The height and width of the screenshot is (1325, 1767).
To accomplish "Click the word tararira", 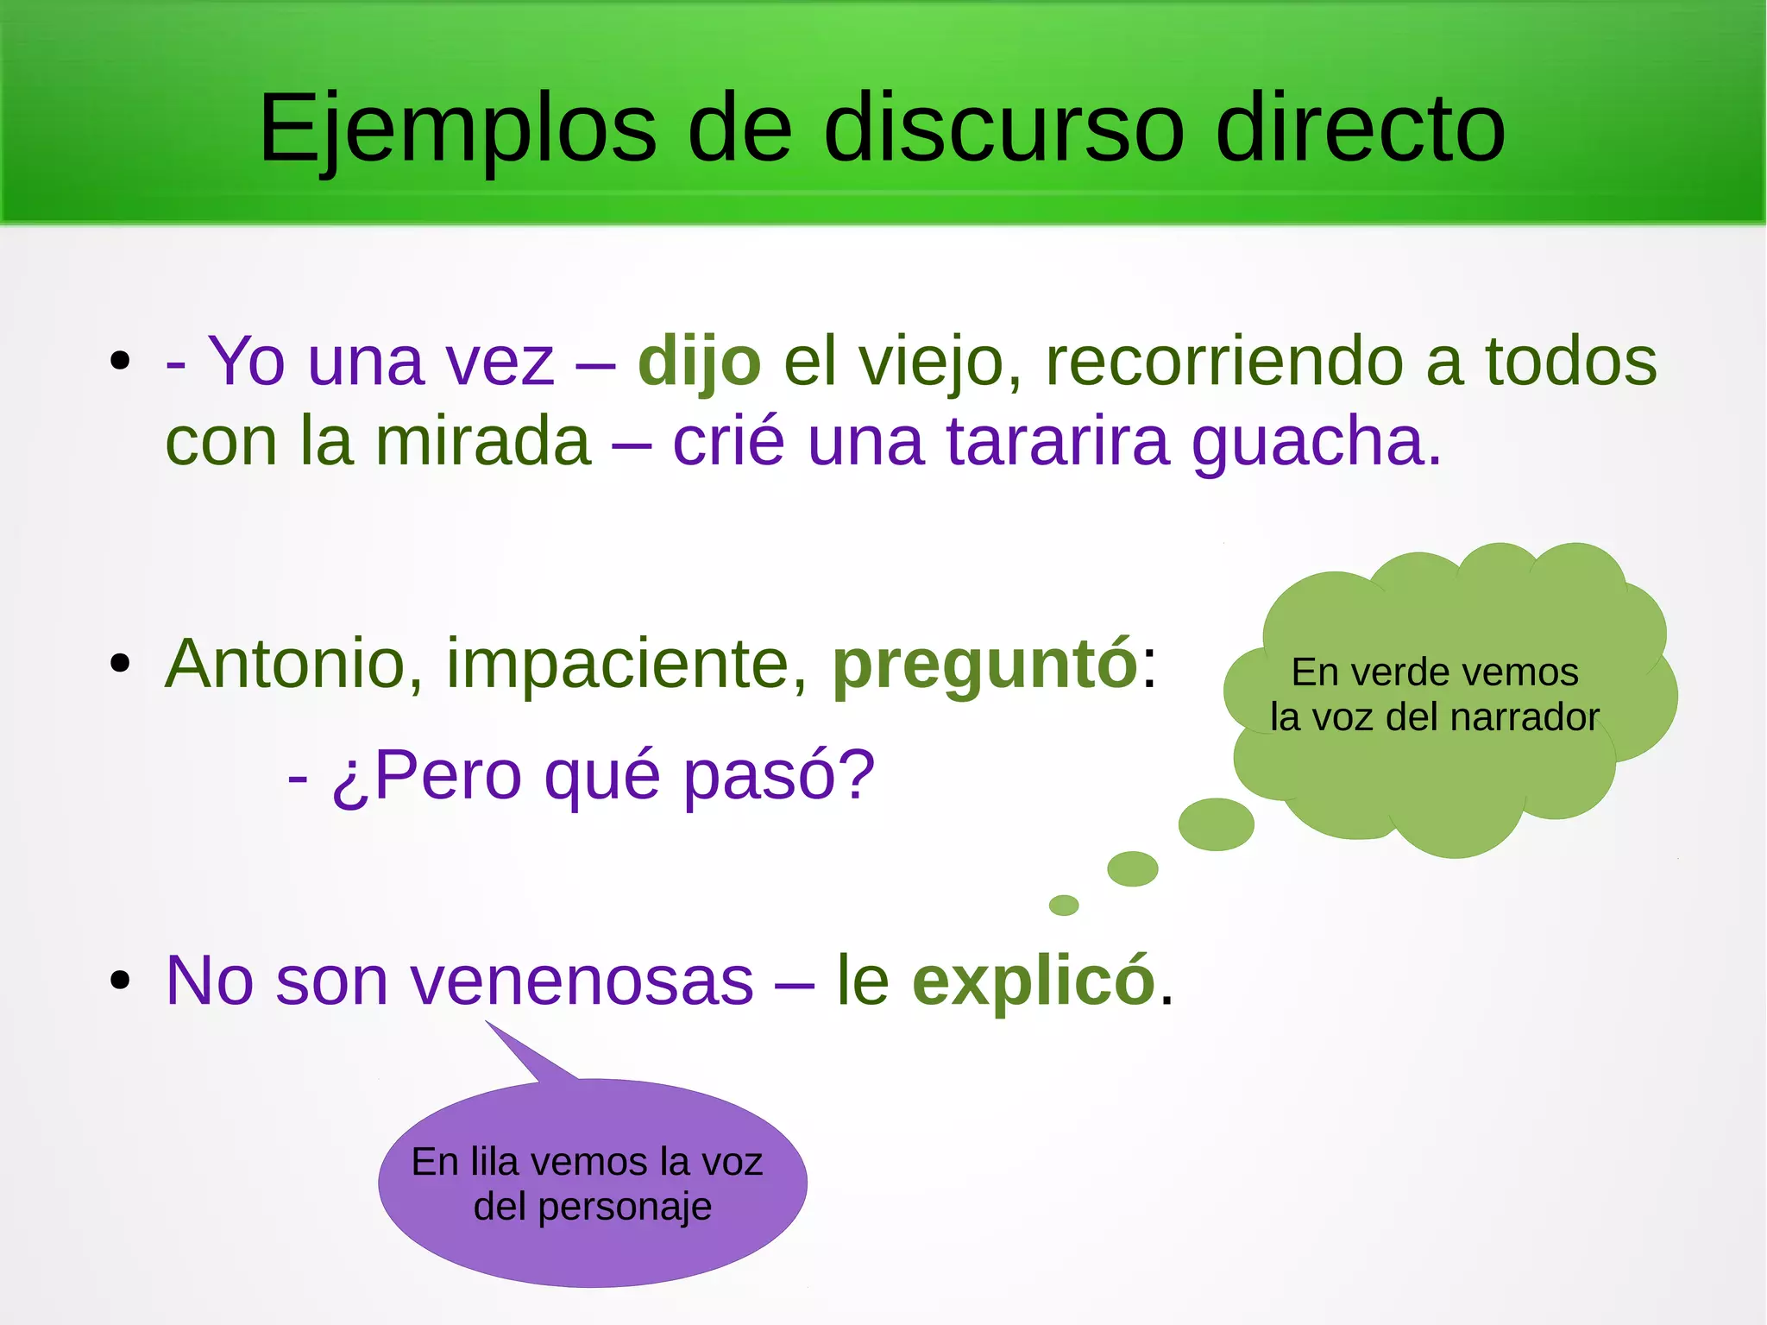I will coord(1058,442).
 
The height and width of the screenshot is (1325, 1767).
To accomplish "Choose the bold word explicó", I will coord(1033,981).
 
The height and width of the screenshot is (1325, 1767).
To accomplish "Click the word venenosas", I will coord(582,981).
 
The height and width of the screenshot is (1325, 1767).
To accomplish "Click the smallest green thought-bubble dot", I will coord(1064,905).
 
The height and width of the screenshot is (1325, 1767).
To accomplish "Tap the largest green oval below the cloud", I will coord(1216,824).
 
